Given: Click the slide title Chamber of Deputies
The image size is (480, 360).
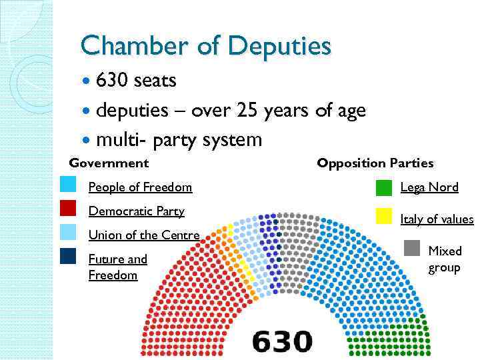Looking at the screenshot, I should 205,46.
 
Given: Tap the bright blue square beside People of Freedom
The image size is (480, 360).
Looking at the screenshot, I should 68,185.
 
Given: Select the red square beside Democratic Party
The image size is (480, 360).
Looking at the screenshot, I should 68,209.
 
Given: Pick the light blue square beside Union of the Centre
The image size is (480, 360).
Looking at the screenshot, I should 68,232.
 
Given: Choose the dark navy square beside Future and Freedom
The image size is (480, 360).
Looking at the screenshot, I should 68,256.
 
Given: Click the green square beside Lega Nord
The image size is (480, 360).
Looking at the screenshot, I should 383,187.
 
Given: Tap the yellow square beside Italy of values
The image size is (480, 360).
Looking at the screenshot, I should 383,215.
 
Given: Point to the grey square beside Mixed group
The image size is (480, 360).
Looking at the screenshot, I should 413,248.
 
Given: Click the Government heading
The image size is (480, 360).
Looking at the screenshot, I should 109,163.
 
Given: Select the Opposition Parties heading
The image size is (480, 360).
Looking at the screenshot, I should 375,163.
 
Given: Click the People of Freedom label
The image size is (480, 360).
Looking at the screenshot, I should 140,187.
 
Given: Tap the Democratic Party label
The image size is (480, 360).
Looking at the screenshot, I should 136,211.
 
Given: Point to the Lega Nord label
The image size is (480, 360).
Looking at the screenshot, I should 429,187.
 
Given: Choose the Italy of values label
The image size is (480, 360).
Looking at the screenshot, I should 437,219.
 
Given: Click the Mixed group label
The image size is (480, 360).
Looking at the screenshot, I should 444,259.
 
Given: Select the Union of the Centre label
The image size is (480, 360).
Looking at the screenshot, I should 143,235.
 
